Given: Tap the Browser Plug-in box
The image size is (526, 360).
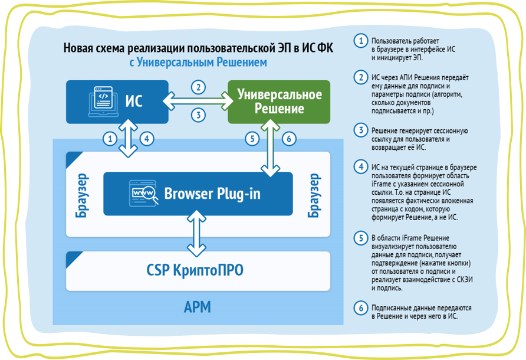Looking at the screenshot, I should tap(198, 194).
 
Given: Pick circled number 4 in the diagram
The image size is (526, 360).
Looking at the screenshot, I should tap(147, 140).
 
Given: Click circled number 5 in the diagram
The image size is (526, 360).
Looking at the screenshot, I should tap(252, 140).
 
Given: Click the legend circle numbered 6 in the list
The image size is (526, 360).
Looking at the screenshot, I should tap(359, 308).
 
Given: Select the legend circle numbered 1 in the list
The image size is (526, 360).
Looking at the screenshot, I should tap(359, 41).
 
